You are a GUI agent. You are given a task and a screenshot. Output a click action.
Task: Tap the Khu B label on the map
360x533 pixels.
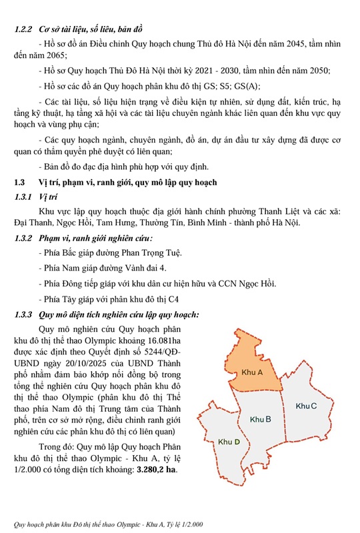pyautogui.click(x=260, y=419)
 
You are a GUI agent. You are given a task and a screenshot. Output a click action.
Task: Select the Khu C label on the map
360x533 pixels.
pyautogui.click(x=306, y=406)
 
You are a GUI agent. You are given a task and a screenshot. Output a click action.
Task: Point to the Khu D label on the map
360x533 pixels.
pyautogui.click(x=229, y=441)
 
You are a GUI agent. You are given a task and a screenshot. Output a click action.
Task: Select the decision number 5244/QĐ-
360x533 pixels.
pyautogui.click(x=167, y=352)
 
